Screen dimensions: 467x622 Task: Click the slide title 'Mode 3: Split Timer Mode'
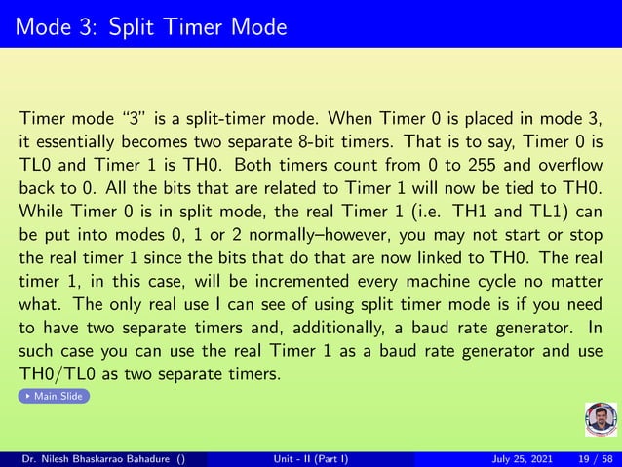point(150,25)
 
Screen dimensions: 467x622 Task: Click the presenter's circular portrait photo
point(601,421)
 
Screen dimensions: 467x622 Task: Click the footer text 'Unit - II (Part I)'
point(312,458)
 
